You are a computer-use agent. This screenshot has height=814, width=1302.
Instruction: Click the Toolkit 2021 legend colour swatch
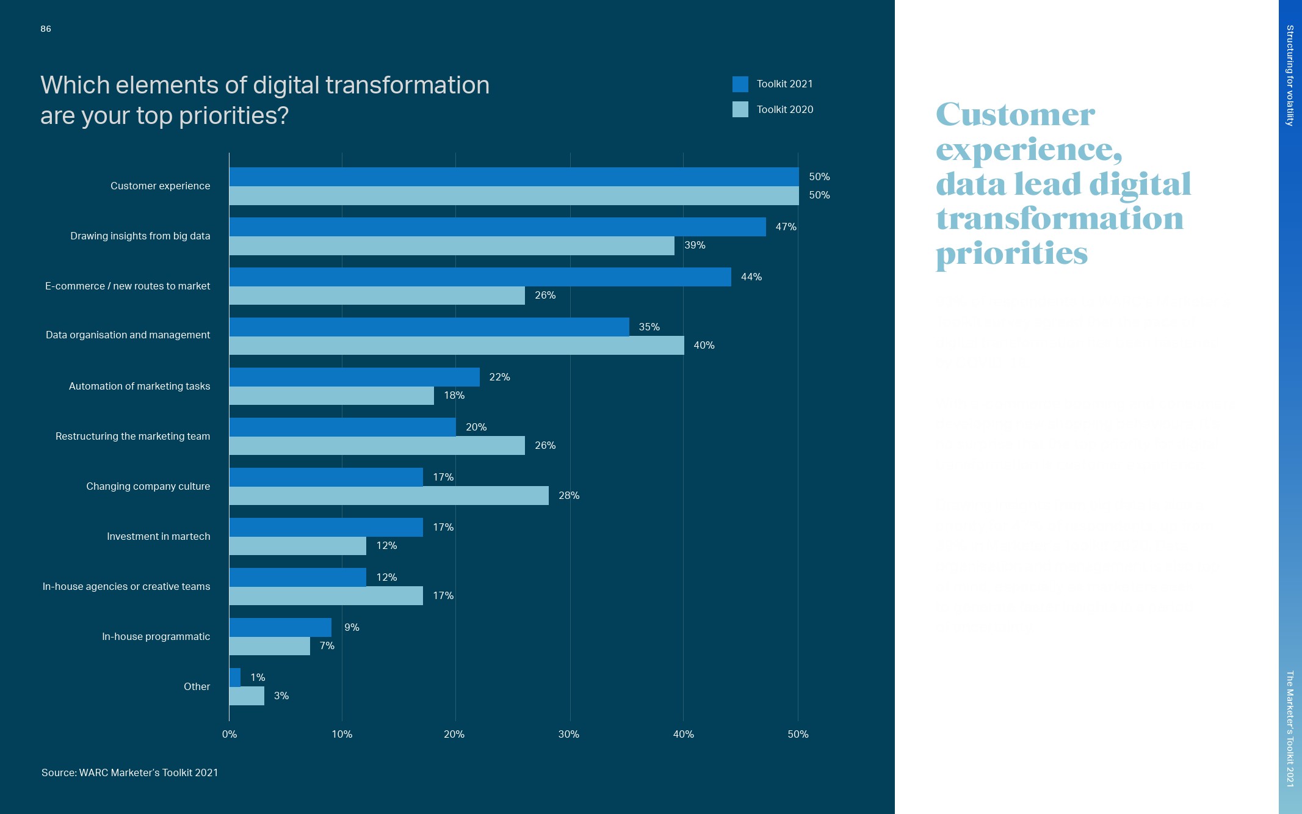(x=740, y=84)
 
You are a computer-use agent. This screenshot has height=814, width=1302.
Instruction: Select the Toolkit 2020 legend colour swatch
(x=740, y=109)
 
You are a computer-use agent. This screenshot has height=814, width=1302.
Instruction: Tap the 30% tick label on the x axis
(x=568, y=734)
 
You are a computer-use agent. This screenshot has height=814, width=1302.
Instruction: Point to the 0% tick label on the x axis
(x=229, y=734)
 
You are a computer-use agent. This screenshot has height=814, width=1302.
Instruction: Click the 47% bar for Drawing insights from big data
(x=497, y=227)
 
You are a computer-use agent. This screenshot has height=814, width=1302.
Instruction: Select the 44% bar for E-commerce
(x=480, y=277)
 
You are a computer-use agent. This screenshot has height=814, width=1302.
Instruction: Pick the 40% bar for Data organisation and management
(x=457, y=346)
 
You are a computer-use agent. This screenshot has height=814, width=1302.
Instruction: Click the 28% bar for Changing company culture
(x=389, y=496)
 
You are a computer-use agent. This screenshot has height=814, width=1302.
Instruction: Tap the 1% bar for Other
(x=235, y=677)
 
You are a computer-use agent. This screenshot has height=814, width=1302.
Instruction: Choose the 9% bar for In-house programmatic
(x=280, y=627)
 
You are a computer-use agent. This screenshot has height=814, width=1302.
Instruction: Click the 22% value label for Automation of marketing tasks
(x=499, y=377)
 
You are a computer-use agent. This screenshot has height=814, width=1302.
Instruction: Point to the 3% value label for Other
(x=281, y=696)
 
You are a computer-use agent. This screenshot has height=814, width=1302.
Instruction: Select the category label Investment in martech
(x=158, y=536)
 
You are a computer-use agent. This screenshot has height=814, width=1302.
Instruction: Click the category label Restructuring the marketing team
(x=132, y=436)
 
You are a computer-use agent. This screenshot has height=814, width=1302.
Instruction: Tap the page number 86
(x=46, y=29)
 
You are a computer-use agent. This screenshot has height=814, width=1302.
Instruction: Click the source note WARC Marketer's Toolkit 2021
(x=129, y=772)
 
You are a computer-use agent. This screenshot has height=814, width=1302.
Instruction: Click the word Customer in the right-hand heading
(x=1015, y=115)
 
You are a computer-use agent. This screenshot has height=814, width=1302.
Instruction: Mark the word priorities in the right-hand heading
(x=1011, y=253)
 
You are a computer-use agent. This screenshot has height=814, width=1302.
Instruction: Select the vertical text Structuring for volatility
(x=1290, y=75)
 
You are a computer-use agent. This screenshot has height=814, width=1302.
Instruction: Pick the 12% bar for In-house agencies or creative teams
(x=298, y=577)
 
